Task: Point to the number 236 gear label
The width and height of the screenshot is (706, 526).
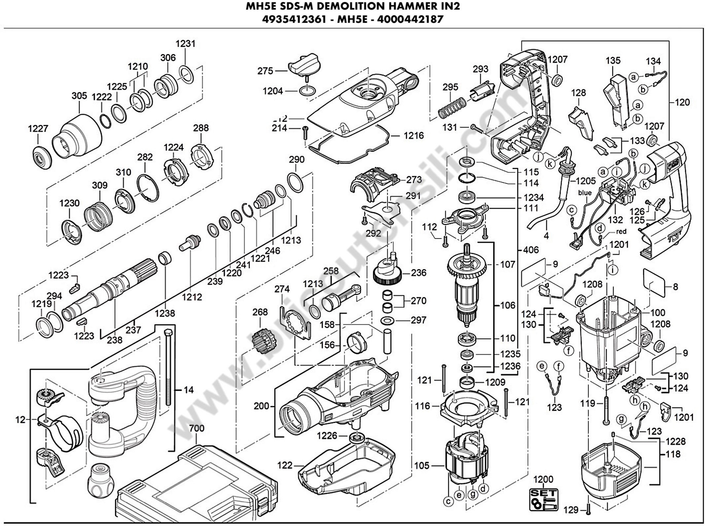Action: (x=418, y=273)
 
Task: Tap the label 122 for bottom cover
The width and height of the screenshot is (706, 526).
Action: (x=284, y=465)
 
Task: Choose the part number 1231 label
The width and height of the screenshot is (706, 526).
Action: (x=186, y=44)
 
